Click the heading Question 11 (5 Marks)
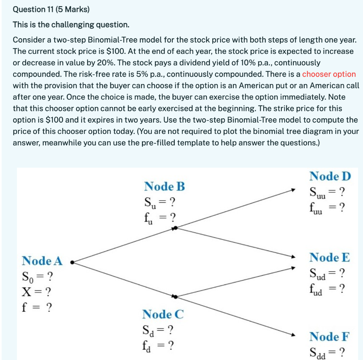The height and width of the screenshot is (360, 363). [51, 10]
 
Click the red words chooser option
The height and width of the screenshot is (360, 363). [329, 74]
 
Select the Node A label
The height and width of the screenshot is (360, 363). [42, 261]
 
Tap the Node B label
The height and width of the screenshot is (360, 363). [164, 186]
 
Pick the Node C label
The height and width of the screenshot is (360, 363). [163, 314]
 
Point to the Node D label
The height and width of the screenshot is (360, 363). [330, 176]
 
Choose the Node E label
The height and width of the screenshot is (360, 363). [329, 258]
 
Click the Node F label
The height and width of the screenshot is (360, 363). [329, 336]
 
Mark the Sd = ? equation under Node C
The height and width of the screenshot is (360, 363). [157, 331]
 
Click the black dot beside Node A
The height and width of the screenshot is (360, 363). [72, 263]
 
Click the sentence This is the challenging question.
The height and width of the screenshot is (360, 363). [71, 25]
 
